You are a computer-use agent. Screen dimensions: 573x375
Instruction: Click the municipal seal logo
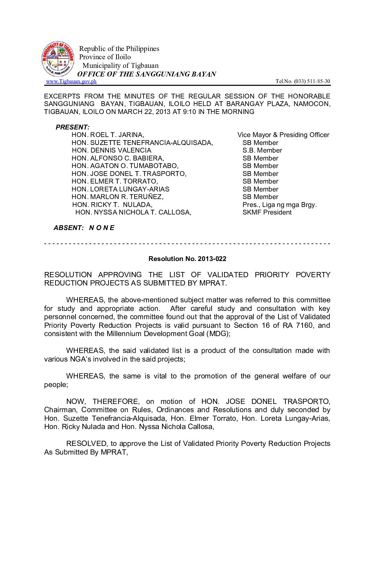(58, 59)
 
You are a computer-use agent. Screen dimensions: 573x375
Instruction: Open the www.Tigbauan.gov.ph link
(71, 81)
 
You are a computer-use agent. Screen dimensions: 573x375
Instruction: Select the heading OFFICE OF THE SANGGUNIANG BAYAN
(146, 74)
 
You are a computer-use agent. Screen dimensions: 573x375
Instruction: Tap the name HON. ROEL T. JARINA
(108, 135)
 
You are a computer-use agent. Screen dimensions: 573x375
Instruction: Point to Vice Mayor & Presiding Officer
(283, 135)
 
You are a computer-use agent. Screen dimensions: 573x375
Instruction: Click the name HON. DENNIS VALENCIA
(111, 150)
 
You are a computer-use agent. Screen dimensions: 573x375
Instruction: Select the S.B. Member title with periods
(262, 150)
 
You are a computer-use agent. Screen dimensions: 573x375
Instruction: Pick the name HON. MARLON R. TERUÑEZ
(118, 197)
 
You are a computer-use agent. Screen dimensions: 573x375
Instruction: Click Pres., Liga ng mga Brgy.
(280, 205)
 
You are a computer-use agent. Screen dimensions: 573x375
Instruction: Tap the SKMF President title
(267, 212)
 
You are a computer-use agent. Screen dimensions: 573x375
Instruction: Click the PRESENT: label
(72, 127)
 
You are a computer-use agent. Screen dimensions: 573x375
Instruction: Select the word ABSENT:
(69, 228)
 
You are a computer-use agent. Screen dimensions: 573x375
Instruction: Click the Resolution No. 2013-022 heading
(187, 259)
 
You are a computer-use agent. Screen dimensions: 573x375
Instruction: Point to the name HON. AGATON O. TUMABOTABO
(125, 166)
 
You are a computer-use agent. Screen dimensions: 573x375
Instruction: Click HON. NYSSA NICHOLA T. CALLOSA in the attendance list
(133, 212)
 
